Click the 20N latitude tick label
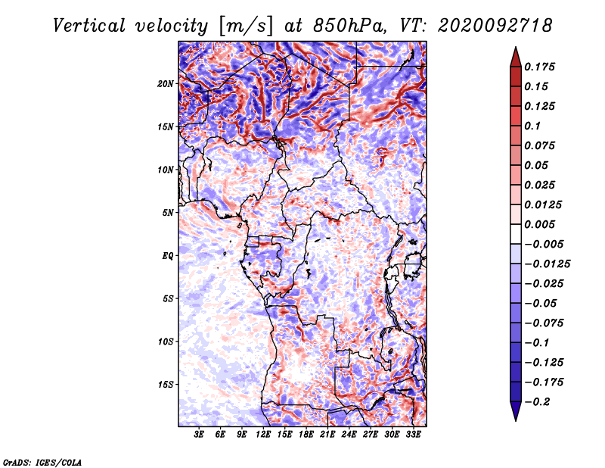pyautogui.click(x=166, y=84)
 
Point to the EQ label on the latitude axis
pyautogui.click(x=168, y=256)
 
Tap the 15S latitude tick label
pyautogui.click(x=166, y=385)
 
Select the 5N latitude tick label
pyautogui.click(x=168, y=213)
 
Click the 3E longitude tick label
pyautogui.click(x=199, y=435)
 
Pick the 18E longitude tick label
pyautogui.click(x=306, y=435)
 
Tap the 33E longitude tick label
pyautogui.click(x=413, y=435)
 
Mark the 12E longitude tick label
pyautogui.click(x=263, y=435)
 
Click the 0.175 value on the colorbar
pyautogui.click(x=540, y=67)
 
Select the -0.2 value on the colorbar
pyautogui.click(x=537, y=402)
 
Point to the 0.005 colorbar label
pyautogui.click(x=540, y=224)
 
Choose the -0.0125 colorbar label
pyautogui.click(x=547, y=264)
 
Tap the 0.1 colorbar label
pyautogui.click(x=533, y=126)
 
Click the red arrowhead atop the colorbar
pyautogui.click(x=516, y=58)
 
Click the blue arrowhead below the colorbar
pyautogui.click(x=516, y=411)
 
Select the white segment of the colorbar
pyautogui.click(x=516, y=234)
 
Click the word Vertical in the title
pyautogui.click(x=89, y=26)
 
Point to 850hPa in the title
pyautogui.click(x=349, y=26)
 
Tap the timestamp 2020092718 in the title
pyautogui.click(x=495, y=26)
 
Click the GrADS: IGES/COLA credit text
pyautogui.click(x=42, y=462)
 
